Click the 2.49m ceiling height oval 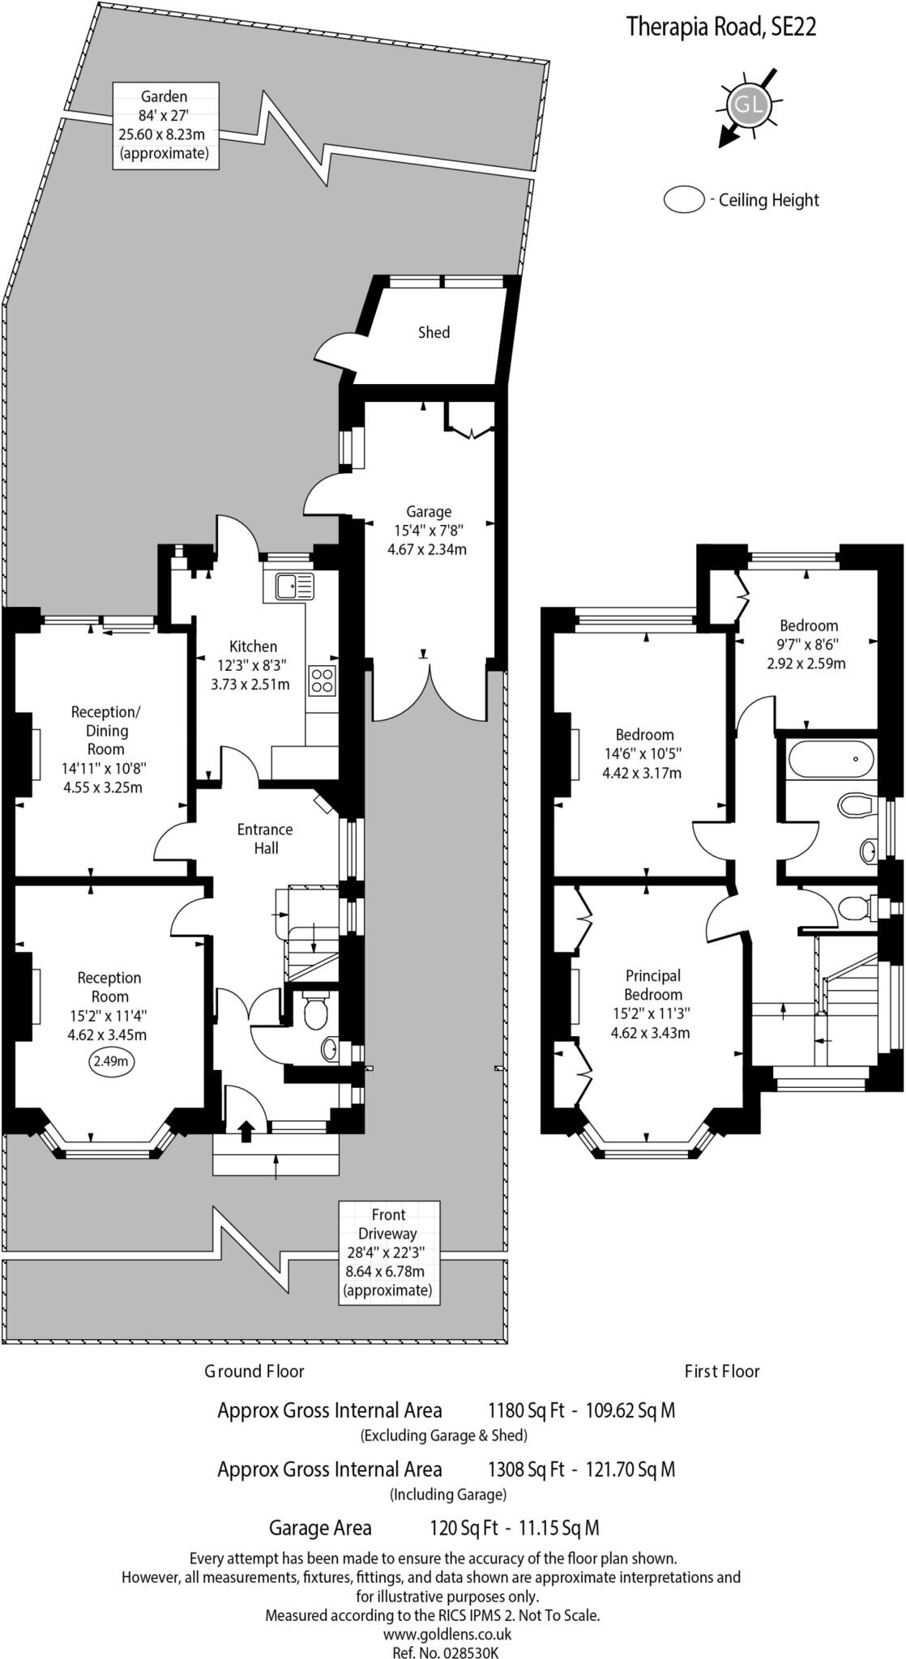[x=109, y=1062]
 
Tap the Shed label [x=434, y=333]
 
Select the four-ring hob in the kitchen [x=322, y=680]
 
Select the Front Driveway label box [x=389, y=1252]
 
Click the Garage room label [x=429, y=531]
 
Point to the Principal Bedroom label [x=653, y=1004]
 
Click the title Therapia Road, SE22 [x=721, y=28]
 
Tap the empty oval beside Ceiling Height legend [x=684, y=200]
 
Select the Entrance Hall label [x=265, y=838]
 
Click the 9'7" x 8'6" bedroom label [x=808, y=645]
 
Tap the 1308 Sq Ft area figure [x=525, y=1469]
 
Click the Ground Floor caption [x=254, y=1371]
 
